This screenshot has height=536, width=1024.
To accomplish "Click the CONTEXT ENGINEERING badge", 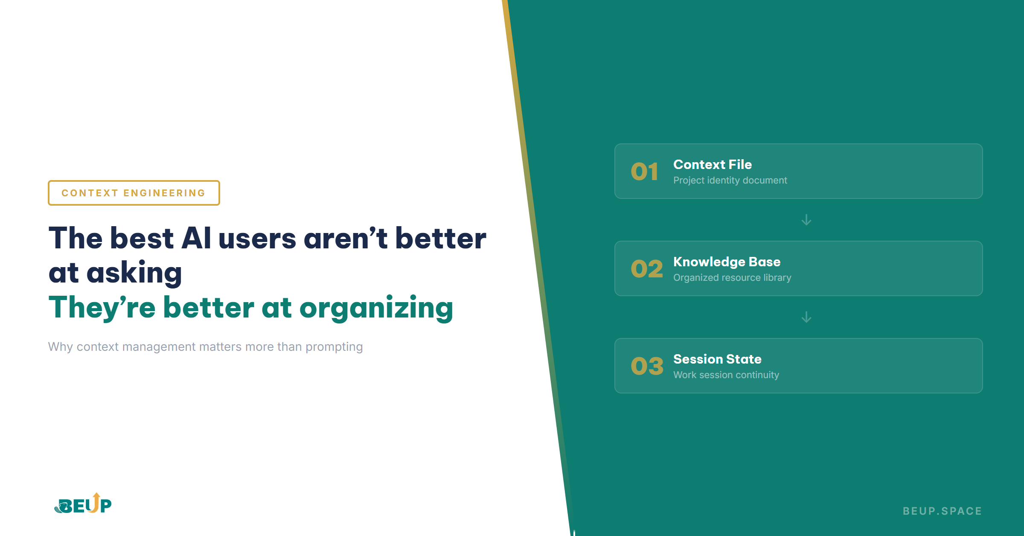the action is click(134, 193).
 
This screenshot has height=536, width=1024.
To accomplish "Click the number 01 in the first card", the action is click(645, 172).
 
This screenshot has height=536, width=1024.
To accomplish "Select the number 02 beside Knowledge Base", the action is click(647, 269).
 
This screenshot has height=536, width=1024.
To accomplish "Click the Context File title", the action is click(713, 164).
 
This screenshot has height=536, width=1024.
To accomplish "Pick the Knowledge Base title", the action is click(727, 262).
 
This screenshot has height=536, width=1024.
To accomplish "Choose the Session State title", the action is click(717, 359).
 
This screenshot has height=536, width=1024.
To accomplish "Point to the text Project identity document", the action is click(730, 181).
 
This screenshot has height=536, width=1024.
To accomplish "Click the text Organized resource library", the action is click(732, 278).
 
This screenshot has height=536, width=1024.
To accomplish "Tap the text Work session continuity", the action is click(726, 375).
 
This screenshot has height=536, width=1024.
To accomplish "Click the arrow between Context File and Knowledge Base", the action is click(806, 220).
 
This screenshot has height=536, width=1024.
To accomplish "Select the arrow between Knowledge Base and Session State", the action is click(806, 317).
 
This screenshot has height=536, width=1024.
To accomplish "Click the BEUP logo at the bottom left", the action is click(83, 504).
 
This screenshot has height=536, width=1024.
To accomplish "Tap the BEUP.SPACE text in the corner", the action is click(942, 511).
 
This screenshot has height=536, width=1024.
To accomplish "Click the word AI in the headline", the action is click(196, 238).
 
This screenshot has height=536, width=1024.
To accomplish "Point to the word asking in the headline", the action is click(134, 273).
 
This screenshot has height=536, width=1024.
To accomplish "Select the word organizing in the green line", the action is click(376, 308).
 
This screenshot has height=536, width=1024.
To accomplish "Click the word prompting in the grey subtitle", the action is click(334, 347).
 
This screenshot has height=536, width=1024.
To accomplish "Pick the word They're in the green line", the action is click(102, 308).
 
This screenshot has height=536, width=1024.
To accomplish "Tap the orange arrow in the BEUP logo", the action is click(96, 502).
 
